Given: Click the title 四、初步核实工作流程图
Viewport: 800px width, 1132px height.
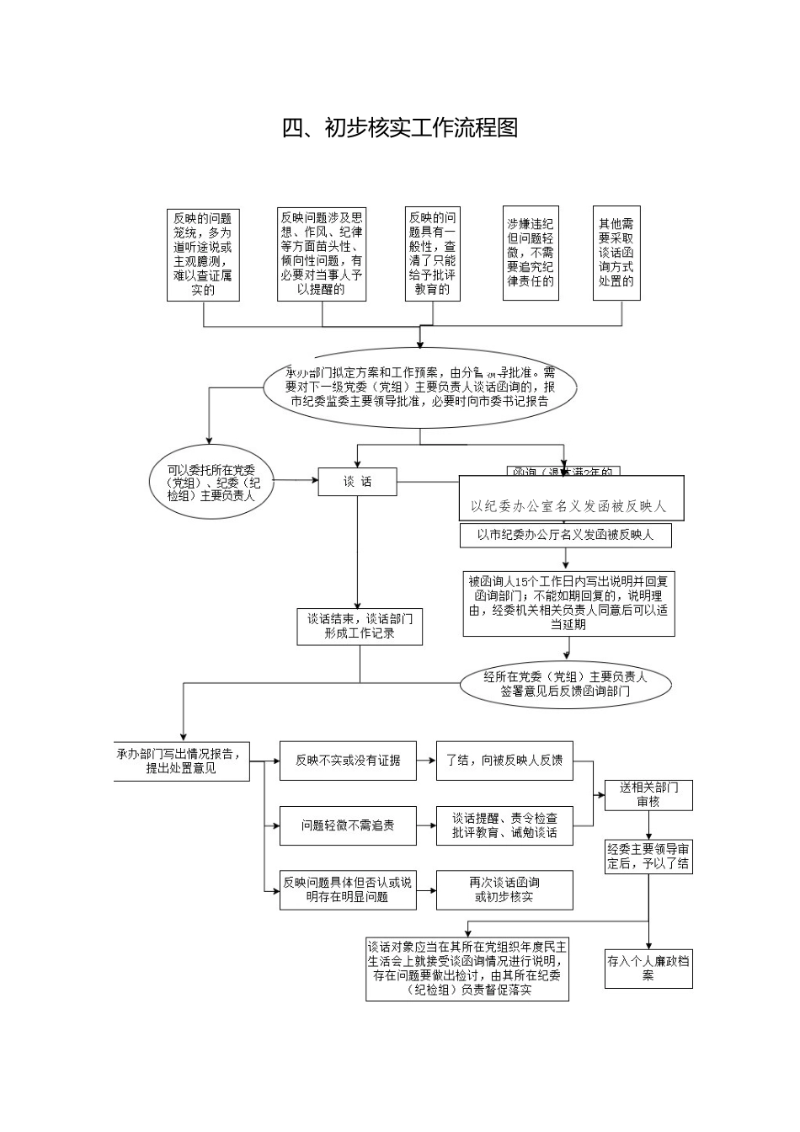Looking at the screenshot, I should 399,128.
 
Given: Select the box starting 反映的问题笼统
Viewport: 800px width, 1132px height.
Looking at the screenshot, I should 203,254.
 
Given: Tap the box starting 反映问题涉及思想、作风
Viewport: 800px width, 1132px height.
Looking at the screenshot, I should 322,254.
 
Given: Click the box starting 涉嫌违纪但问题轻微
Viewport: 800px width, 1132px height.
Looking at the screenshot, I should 531,253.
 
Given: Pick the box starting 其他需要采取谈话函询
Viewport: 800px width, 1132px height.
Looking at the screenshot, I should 616,253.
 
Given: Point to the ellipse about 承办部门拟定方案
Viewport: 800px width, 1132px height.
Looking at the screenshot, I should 420,387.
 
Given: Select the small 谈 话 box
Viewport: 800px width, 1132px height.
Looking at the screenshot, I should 357,483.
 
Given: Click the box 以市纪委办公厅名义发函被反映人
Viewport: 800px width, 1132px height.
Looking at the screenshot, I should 565,535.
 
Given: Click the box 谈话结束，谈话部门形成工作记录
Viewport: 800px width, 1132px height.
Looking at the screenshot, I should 360,627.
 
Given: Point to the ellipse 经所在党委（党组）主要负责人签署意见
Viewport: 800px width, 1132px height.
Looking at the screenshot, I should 565,684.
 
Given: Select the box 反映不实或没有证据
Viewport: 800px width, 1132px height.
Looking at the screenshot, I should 348,761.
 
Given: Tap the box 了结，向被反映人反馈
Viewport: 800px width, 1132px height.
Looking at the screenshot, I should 504,761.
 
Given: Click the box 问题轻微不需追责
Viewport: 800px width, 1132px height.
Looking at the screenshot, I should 348,825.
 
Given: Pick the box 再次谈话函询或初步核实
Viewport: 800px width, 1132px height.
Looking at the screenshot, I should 504,889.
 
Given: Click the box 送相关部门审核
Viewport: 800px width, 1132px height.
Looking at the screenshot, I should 648,794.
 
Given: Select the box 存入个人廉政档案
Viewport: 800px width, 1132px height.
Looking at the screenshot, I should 648,967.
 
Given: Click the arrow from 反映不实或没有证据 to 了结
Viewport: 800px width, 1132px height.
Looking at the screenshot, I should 426,761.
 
